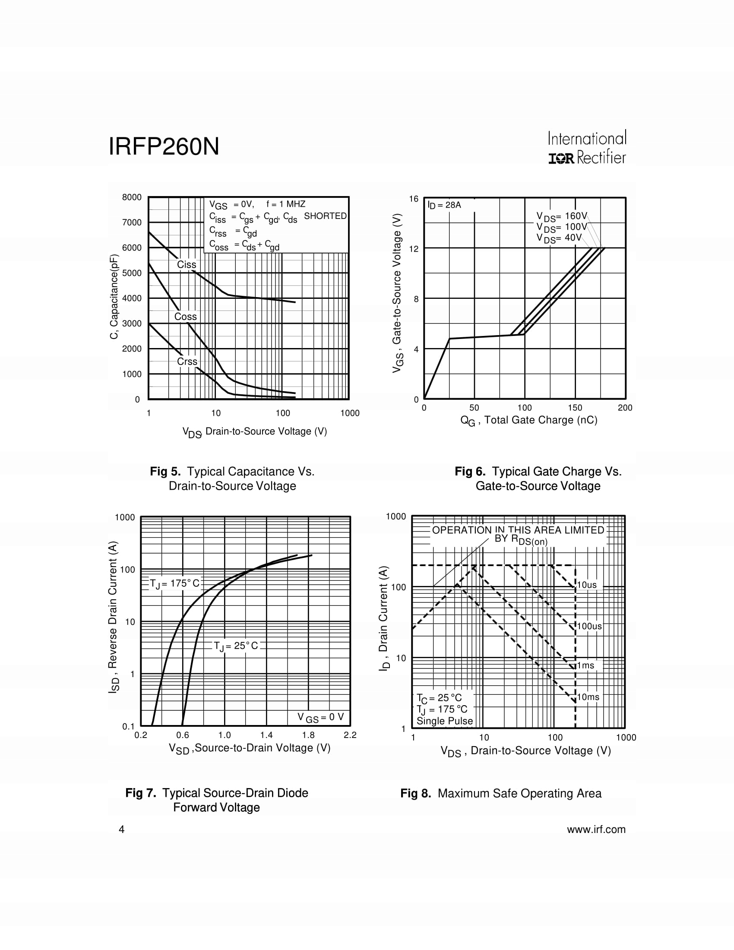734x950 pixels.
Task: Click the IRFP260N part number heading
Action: coord(164,146)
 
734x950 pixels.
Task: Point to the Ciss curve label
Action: coord(187,264)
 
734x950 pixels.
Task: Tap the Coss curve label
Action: coord(185,317)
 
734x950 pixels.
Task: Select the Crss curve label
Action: coord(187,361)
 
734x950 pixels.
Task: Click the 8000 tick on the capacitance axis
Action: coord(132,197)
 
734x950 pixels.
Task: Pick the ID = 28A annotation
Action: coord(444,205)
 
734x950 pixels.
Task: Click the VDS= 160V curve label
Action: coord(561,216)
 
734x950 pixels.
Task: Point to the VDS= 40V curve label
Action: coord(559,238)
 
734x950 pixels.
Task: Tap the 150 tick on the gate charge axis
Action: coord(575,408)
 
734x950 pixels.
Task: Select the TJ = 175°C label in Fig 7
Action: coord(174,583)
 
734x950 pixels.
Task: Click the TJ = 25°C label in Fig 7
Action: coord(236,646)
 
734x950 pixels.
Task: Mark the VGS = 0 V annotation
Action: coord(320,717)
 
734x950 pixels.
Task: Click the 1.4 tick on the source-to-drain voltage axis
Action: coord(266,735)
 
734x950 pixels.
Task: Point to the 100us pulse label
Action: coord(589,626)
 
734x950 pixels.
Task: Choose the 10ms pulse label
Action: coord(588,697)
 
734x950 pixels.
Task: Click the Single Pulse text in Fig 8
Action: coord(444,721)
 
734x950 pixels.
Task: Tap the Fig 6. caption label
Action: coord(470,472)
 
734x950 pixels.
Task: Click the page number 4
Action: coord(122,830)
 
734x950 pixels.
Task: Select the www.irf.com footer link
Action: coord(596,830)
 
